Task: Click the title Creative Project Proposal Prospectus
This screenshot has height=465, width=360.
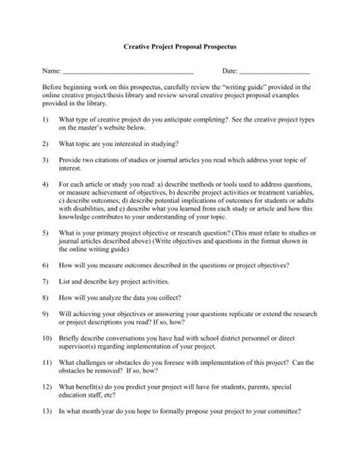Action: (x=180, y=47)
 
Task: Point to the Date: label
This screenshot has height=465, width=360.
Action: (x=230, y=71)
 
